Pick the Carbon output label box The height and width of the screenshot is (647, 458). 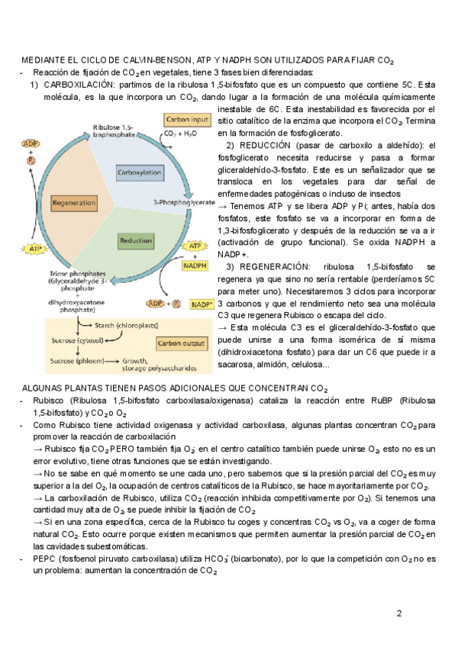click(181, 344)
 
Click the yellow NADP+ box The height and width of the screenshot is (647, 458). click(202, 304)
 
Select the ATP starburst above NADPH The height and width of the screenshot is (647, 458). click(196, 247)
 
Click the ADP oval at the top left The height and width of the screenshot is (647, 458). click(31, 144)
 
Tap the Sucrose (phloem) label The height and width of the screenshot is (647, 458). click(78, 359)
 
